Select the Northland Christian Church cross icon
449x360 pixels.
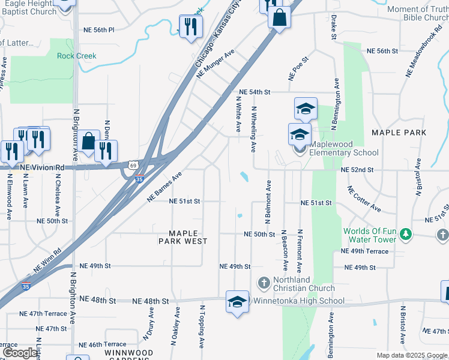point(264,282)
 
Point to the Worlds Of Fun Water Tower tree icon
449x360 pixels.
point(406,233)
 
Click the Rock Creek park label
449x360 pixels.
point(77,56)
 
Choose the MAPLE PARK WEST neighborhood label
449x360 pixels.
point(183,237)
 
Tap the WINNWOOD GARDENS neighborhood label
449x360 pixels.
point(128,355)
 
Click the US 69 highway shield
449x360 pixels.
point(133,164)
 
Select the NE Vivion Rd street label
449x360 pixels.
point(41,167)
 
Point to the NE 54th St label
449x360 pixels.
point(255,92)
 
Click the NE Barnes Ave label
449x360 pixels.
point(164,187)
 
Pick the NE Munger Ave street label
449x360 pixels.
point(215,65)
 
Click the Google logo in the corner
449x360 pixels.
point(19,353)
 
